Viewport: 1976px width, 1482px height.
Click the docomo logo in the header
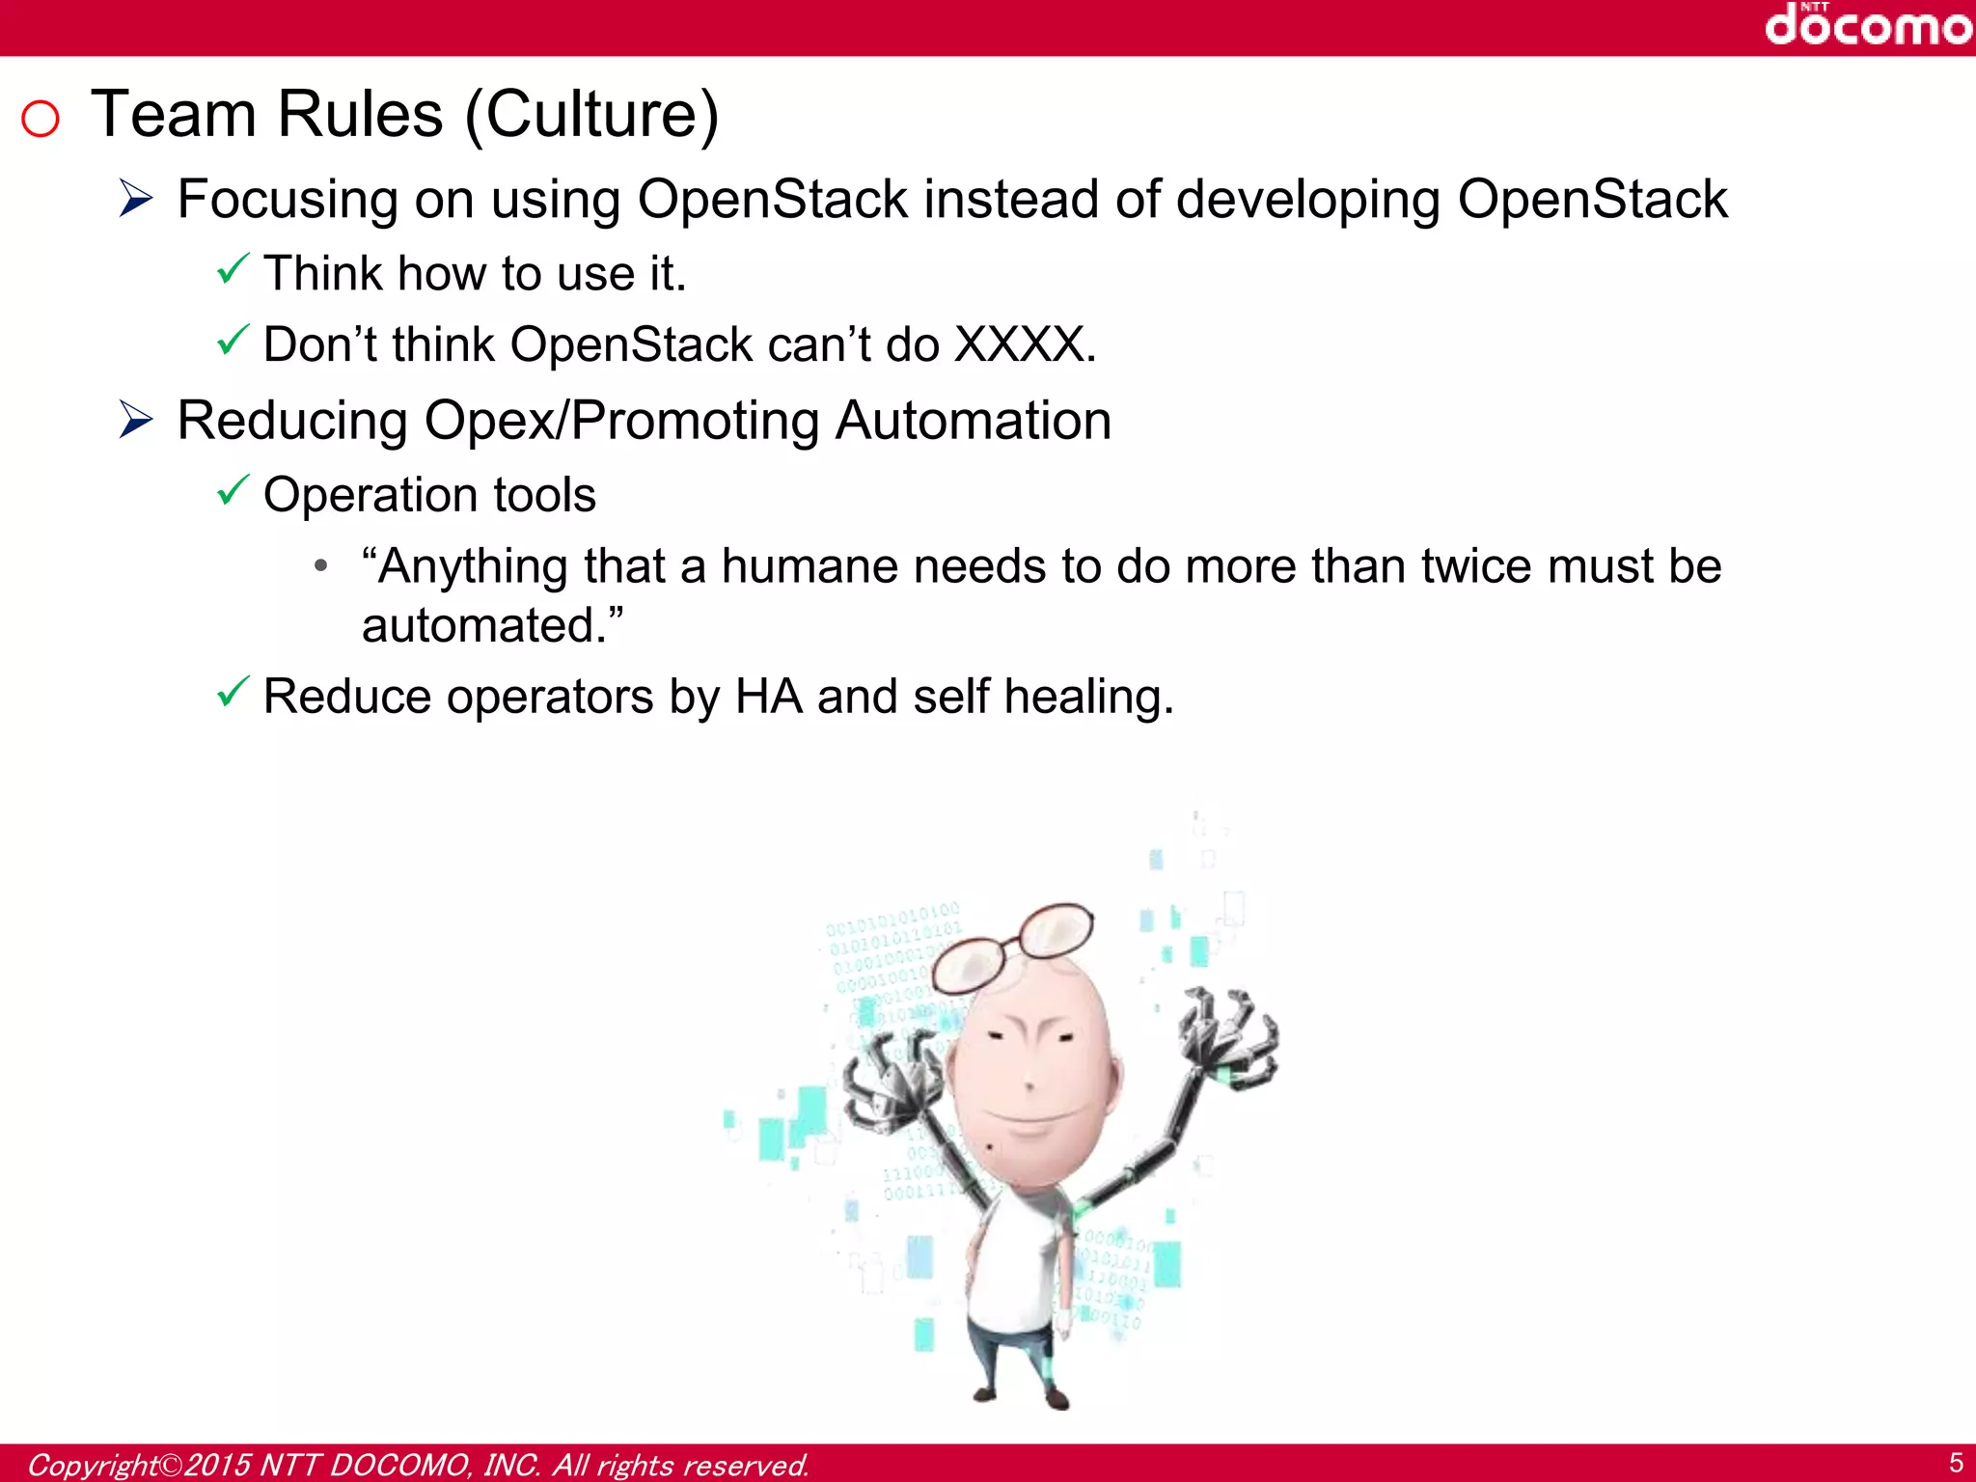click(1867, 25)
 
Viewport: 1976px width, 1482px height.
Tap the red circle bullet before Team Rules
click(41, 120)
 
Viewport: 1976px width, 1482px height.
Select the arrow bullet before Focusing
click(137, 199)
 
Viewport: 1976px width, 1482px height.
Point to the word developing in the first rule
click(1307, 201)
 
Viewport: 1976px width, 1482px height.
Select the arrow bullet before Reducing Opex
click(137, 420)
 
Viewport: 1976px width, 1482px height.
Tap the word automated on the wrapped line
click(482, 625)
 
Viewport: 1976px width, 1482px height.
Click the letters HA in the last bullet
click(768, 697)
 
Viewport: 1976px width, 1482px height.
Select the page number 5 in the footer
click(1956, 1463)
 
